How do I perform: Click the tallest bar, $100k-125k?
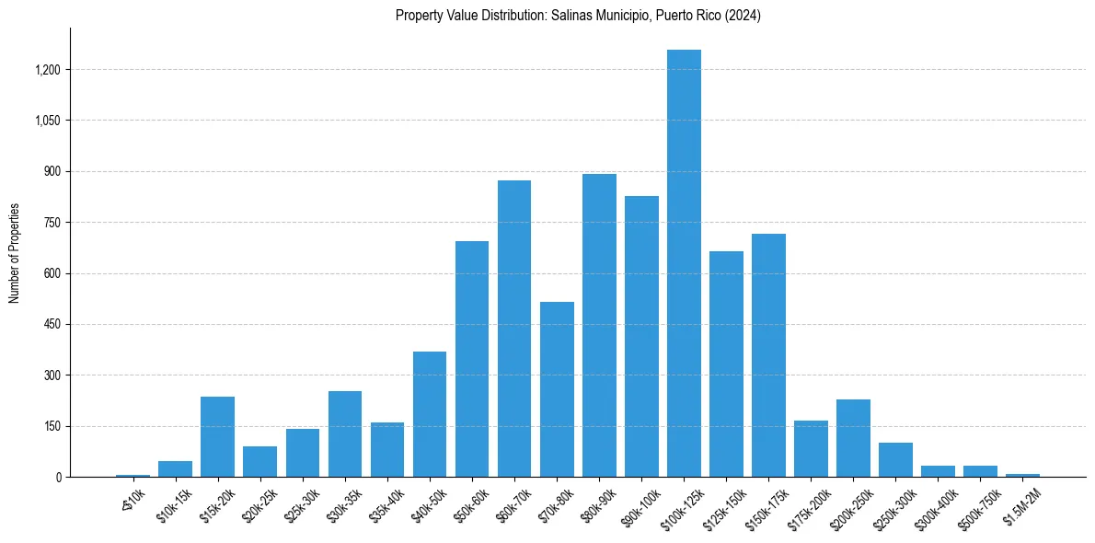[x=684, y=263]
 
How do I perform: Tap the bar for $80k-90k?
[x=599, y=325]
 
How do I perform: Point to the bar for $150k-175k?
[x=768, y=355]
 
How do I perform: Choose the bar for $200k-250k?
[x=853, y=438]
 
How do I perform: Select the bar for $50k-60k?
[x=472, y=359]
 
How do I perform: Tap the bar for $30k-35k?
[x=345, y=433]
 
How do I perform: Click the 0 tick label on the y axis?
[x=60, y=478]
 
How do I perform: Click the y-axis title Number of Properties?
[x=15, y=252]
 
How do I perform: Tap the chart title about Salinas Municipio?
[x=578, y=16]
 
